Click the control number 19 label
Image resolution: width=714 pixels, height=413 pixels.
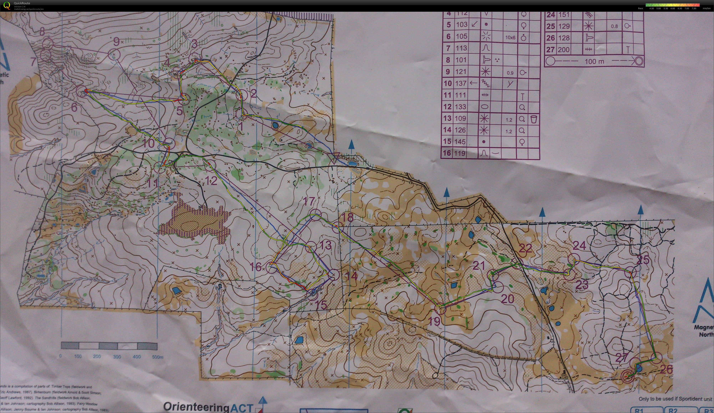(434, 321)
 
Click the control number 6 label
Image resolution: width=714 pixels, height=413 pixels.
(74, 107)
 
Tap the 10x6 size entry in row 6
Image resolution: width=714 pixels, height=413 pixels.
(510, 37)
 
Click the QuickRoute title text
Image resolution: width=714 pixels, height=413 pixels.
(22, 3)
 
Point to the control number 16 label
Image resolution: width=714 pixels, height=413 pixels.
(255, 266)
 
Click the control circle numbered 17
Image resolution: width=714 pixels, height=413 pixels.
(315, 214)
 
